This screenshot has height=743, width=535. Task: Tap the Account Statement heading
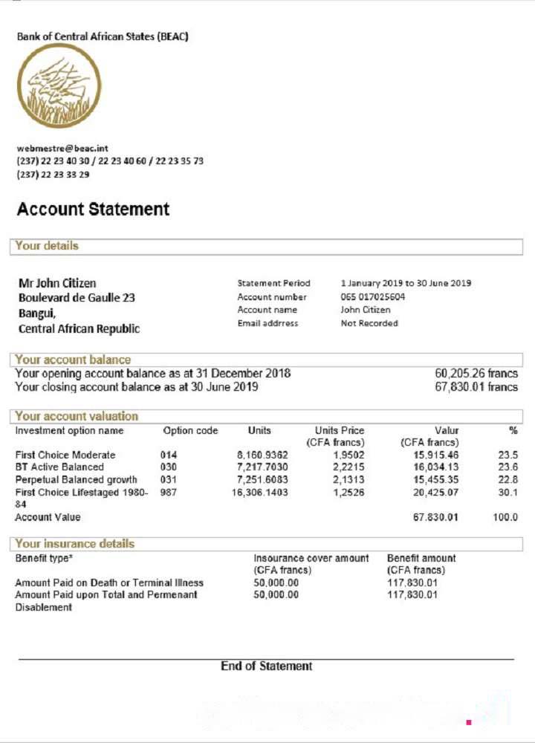pyautogui.click(x=93, y=210)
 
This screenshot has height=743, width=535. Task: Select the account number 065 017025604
pyautogui.click(x=373, y=296)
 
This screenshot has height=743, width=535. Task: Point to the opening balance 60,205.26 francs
pyautogui.click(x=476, y=373)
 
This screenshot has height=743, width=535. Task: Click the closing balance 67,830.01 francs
pyautogui.click(x=476, y=386)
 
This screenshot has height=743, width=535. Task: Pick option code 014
pyautogui.click(x=169, y=455)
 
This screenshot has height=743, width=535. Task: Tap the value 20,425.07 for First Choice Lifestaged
pyautogui.click(x=436, y=492)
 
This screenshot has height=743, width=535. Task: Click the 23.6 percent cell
pyautogui.click(x=506, y=467)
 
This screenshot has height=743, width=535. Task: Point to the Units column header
pyautogui.click(x=259, y=430)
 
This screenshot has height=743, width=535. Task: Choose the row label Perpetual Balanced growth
pyautogui.click(x=76, y=479)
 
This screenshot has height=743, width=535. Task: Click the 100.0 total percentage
pyautogui.click(x=505, y=517)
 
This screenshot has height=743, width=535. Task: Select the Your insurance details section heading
pyautogui.click(x=74, y=543)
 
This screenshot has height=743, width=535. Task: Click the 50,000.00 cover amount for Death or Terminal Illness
pyautogui.click(x=276, y=583)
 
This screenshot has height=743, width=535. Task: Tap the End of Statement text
pyautogui.click(x=266, y=666)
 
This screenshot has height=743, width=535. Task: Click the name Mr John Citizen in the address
pyautogui.click(x=57, y=283)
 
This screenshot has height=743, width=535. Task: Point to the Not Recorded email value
pyautogui.click(x=369, y=323)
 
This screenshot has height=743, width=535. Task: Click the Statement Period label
pyautogui.click(x=273, y=283)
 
